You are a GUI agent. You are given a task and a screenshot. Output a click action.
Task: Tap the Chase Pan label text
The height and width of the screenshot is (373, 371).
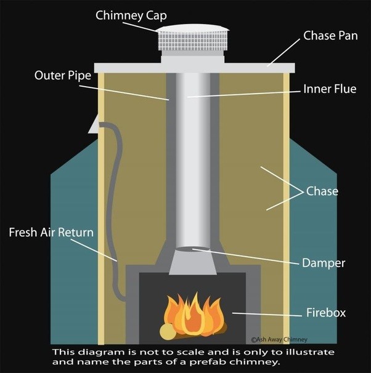(x=330, y=36)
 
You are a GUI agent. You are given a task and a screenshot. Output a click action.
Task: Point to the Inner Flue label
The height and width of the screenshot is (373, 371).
(x=330, y=89)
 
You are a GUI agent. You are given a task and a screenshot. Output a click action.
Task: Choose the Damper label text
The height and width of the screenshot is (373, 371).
(x=323, y=263)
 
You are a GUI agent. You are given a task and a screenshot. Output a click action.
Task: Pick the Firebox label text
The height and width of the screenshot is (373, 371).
(x=326, y=313)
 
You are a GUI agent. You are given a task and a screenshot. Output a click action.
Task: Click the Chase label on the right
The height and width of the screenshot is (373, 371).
(x=323, y=191)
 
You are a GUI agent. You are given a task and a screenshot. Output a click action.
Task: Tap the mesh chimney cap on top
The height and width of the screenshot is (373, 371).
(x=190, y=39)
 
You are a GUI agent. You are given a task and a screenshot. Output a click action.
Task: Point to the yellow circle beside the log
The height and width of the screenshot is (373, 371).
(x=167, y=332)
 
